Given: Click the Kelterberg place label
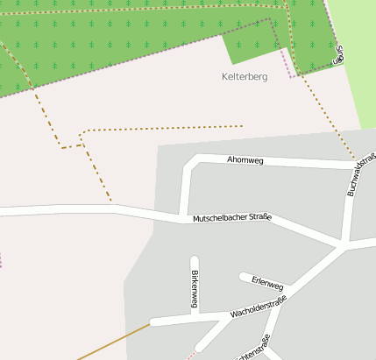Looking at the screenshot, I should tap(245, 77).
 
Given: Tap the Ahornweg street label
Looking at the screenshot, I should tap(245, 160).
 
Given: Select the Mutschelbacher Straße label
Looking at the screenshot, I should tap(232, 217).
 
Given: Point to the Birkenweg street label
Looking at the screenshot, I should tap(195, 289).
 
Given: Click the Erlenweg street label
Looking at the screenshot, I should tap(267, 283).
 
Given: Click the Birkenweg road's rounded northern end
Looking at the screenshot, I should tap(195, 259).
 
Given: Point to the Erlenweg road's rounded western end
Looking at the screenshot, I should tap(244, 277).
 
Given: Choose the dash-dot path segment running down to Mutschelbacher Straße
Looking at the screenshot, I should tap(100, 180).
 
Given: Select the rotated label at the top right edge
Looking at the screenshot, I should tap(339, 54).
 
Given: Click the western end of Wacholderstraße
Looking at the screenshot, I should tap(153, 322).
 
